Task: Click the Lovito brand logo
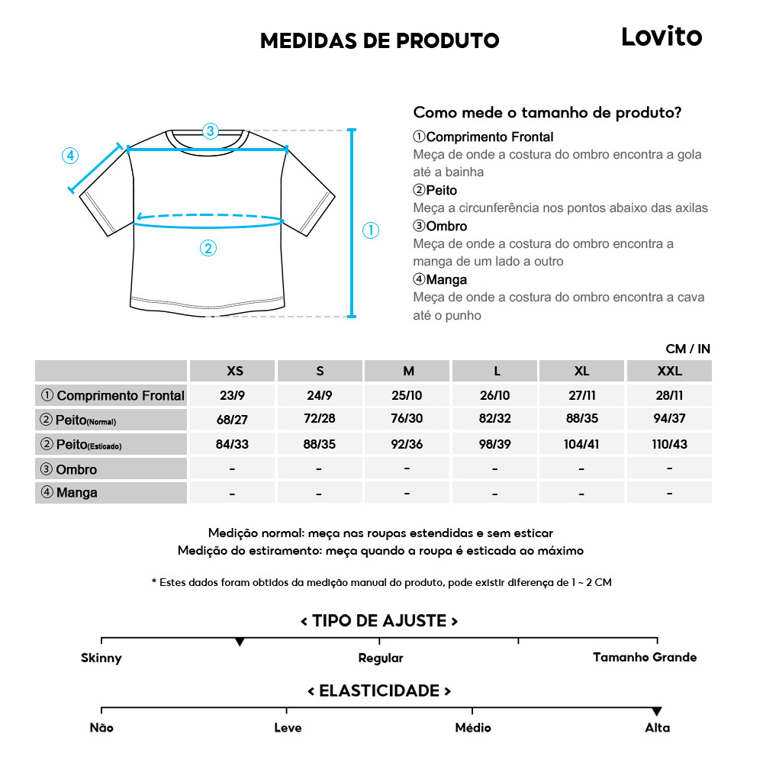pos(662,37)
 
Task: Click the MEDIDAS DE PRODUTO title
pos(379,40)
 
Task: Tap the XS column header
pos(235,371)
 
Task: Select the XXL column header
pos(669,371)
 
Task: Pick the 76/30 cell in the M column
pos(408,419)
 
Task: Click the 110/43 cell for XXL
pos(669,443)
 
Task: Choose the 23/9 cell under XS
pos(232,395)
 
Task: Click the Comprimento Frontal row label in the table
pos(112,395)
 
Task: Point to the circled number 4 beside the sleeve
pos(69,156)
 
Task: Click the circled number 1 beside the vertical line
pos(370,230)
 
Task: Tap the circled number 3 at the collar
pos(211,130)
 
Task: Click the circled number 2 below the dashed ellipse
pos(208,248)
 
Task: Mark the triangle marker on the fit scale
pos(240,642)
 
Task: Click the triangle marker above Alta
pos(657,711)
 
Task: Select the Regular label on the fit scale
pos(380,658)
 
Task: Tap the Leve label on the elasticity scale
pos(288,728)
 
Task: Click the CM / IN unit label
pos(687,349)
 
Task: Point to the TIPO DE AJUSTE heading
pos(379,620)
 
